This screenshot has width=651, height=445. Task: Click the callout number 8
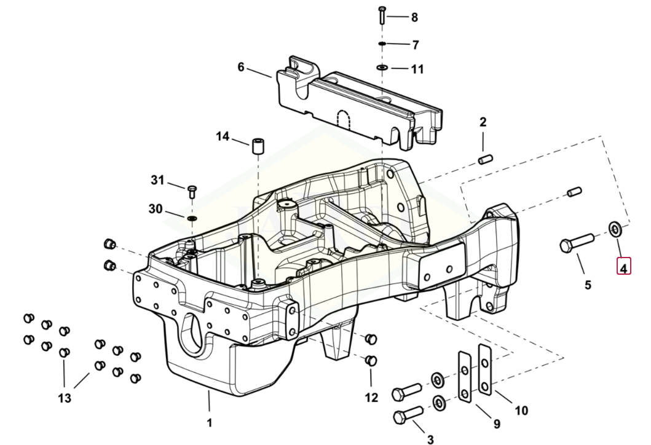coord(414,17)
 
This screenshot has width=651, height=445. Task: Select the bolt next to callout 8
coord(382,14)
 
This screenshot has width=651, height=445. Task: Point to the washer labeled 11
coord(382,67)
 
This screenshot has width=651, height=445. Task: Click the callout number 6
coord(241,66)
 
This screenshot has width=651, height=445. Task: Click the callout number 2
coord(483,122)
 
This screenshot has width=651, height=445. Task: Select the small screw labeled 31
coord(191,191)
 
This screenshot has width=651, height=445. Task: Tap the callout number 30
coord(155,209)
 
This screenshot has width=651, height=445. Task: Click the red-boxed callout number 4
coord(623,267)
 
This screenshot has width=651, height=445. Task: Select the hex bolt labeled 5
coord(575,242)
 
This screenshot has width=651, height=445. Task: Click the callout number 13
coord(65,398)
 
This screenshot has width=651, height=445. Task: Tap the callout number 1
coord(209,422)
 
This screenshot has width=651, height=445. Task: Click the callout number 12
coord(371,398)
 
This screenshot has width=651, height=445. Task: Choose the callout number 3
coord(430,439)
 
